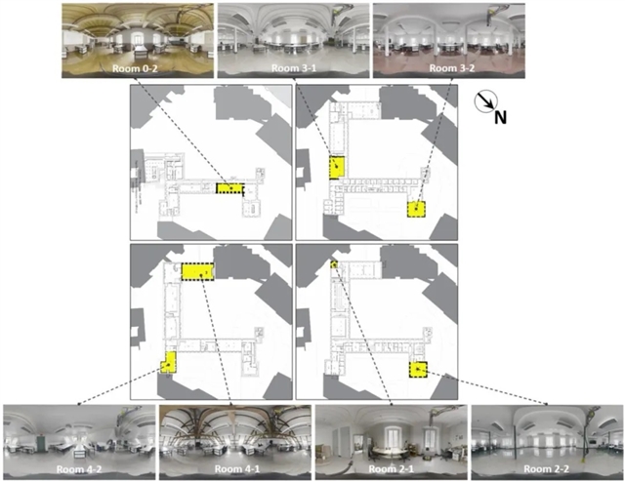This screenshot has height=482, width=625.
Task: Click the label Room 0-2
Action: tap(135, 68)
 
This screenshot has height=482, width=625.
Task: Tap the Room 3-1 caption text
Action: tap(294, 68)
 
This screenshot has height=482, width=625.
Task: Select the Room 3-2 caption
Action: tap(452, 68)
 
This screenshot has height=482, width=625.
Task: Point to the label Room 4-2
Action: tap(79, 469)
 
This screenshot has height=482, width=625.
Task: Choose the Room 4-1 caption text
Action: tap(237, 469)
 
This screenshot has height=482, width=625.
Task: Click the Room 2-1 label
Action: tap(391, 469)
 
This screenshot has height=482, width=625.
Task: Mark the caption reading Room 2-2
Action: tap(546, 469)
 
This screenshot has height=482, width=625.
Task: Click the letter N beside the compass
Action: tap(501, 117)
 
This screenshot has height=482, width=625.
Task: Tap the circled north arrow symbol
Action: tap(485, 100)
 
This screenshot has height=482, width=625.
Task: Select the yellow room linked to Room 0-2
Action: tap(230, 188)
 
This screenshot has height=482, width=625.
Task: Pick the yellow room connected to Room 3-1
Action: tap(337, 168)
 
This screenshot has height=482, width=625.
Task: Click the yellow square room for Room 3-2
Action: tap(417, 209)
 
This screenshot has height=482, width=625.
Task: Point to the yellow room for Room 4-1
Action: tap(197, 271)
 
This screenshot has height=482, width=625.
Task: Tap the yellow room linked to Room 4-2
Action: tap(169, 363)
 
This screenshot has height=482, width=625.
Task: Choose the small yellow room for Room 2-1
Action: tap(334, 264)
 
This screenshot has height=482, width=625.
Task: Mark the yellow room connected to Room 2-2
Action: tap(418, 370)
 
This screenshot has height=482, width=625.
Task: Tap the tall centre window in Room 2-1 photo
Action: tap(391, 437)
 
